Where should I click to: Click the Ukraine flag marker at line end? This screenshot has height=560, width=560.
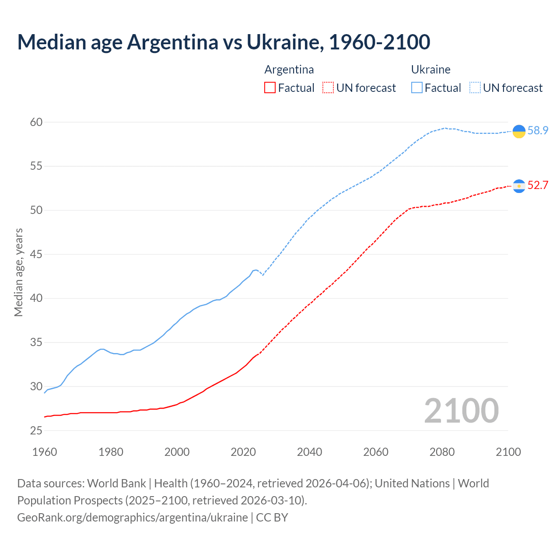(x=519, y=131)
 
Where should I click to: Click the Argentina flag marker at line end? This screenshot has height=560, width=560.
(x=519, y=186)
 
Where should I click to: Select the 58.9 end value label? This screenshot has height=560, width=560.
(x=538, y=131)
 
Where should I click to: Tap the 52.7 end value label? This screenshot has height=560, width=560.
(x=538, y=185)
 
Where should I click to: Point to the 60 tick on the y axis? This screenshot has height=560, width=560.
(x=36, y=122)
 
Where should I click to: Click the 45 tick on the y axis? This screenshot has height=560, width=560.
(x=36, y=254)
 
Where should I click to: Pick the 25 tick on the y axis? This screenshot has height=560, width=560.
(x=36, y=430)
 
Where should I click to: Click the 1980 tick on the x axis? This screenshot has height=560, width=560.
(x=111, y=452)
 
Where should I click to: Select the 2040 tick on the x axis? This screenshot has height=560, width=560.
(x=309, y=452)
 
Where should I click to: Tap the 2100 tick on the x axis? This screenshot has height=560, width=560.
(x=508, y=452)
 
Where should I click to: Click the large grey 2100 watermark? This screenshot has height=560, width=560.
(x=461, y=411)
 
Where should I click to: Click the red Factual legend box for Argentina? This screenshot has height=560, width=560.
(x=270, y=88)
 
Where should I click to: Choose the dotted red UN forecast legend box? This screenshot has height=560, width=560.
(x=328, y=88)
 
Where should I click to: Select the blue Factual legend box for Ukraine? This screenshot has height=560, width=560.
(x=417, y=88)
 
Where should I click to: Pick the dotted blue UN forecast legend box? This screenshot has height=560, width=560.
(x=475, y=88)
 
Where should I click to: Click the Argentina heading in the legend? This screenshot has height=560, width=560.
(x=289, y=70)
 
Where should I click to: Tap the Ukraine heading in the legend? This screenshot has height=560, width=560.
(x=430, y=70)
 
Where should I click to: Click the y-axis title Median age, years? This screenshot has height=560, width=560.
(x=18, y=272)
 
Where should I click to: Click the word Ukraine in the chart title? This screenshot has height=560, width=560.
(x=284, y=42)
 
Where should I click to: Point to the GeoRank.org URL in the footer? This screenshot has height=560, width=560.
(x=133, y=518)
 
